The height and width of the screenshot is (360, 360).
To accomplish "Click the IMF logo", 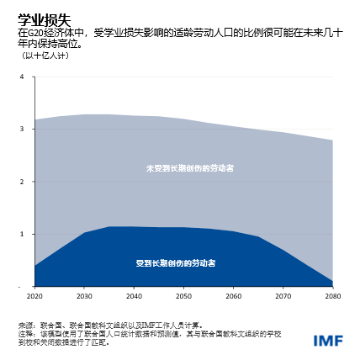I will (x=327, y=341).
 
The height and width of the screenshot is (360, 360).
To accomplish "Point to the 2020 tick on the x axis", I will (x=34, y=297).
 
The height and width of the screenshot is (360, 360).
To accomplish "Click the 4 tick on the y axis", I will (x=22, y=77).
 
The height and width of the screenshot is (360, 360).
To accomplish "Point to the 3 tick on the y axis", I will (x=22, y=129).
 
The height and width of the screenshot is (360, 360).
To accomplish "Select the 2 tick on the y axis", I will (x=22, y=181).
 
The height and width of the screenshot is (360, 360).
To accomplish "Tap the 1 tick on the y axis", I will (x=22, y=234).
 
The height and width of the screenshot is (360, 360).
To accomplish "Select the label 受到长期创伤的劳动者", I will (x=177, y=263).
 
